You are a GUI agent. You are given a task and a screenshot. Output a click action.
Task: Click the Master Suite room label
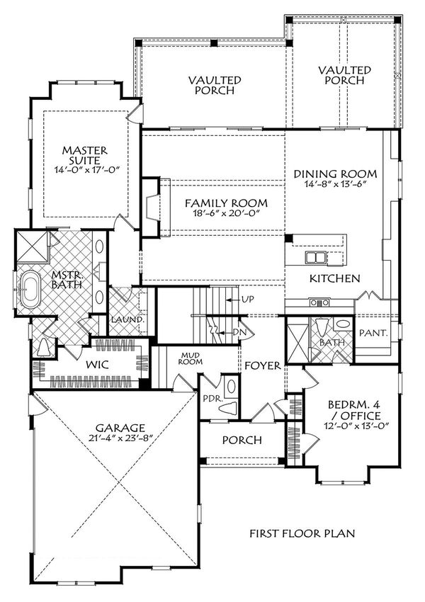click(84, 156)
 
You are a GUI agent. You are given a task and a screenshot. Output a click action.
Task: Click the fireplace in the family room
click(151, 205)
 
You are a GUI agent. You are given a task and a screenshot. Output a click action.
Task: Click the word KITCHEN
click(335, 279)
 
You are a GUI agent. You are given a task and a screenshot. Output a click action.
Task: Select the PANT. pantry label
click(373, 331)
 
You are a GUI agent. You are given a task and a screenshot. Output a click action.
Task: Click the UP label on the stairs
click(248, 300)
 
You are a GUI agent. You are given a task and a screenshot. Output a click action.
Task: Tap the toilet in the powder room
click(229, 388)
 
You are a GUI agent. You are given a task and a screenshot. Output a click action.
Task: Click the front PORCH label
click(242, 440)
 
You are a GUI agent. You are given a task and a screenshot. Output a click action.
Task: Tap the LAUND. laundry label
click(127, 319)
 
